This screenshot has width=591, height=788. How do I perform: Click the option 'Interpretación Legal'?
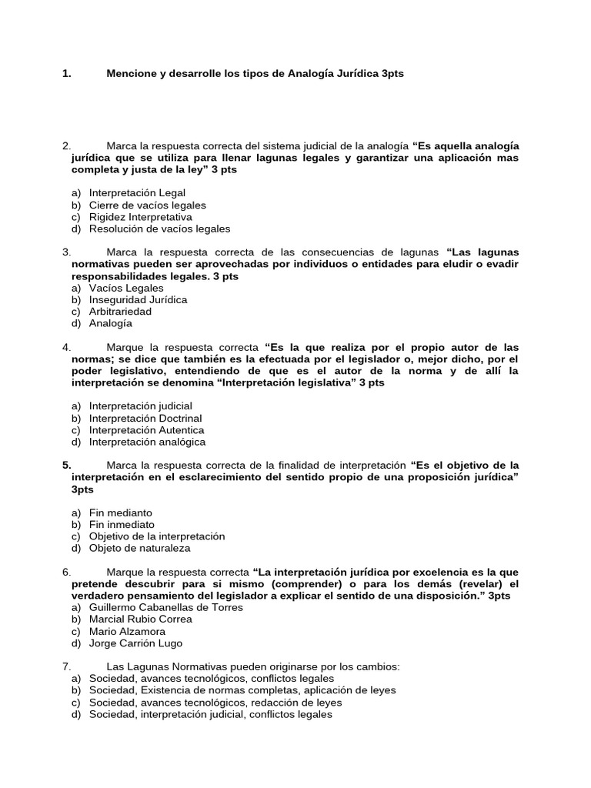point(137,193)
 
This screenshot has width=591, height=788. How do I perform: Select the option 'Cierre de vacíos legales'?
point(147,205)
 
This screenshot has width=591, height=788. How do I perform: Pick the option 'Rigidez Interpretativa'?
point(141,217)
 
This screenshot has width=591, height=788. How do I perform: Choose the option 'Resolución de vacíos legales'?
point(159,229)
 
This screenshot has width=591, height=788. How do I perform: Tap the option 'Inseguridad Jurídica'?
point(138,299)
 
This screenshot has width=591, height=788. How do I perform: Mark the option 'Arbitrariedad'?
point(120,312)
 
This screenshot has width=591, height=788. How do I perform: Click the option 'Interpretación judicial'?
point(141,406)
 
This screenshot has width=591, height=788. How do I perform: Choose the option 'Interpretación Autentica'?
point(146,430)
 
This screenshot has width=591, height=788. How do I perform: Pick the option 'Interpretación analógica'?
point(147,442)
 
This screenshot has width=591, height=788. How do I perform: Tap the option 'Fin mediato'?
point(121,513)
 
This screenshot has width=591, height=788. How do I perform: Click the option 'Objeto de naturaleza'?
point(139,548)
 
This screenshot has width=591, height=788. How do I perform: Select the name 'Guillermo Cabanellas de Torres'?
point(165,607)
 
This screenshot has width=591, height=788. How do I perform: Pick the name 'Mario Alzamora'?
point(126,631)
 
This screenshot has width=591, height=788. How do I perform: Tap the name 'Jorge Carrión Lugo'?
point(135,643)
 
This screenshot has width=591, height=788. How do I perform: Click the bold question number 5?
point(66,465)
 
